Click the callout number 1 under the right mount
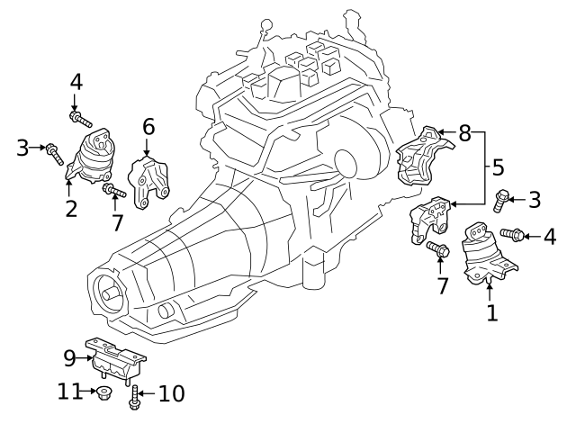491,312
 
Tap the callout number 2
71,209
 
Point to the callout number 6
148,127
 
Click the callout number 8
464,134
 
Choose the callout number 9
70,358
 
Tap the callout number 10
171,393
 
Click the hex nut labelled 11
104,392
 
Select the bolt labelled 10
135,393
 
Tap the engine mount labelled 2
93,160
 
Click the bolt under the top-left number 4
79,117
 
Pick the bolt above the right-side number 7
438,248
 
